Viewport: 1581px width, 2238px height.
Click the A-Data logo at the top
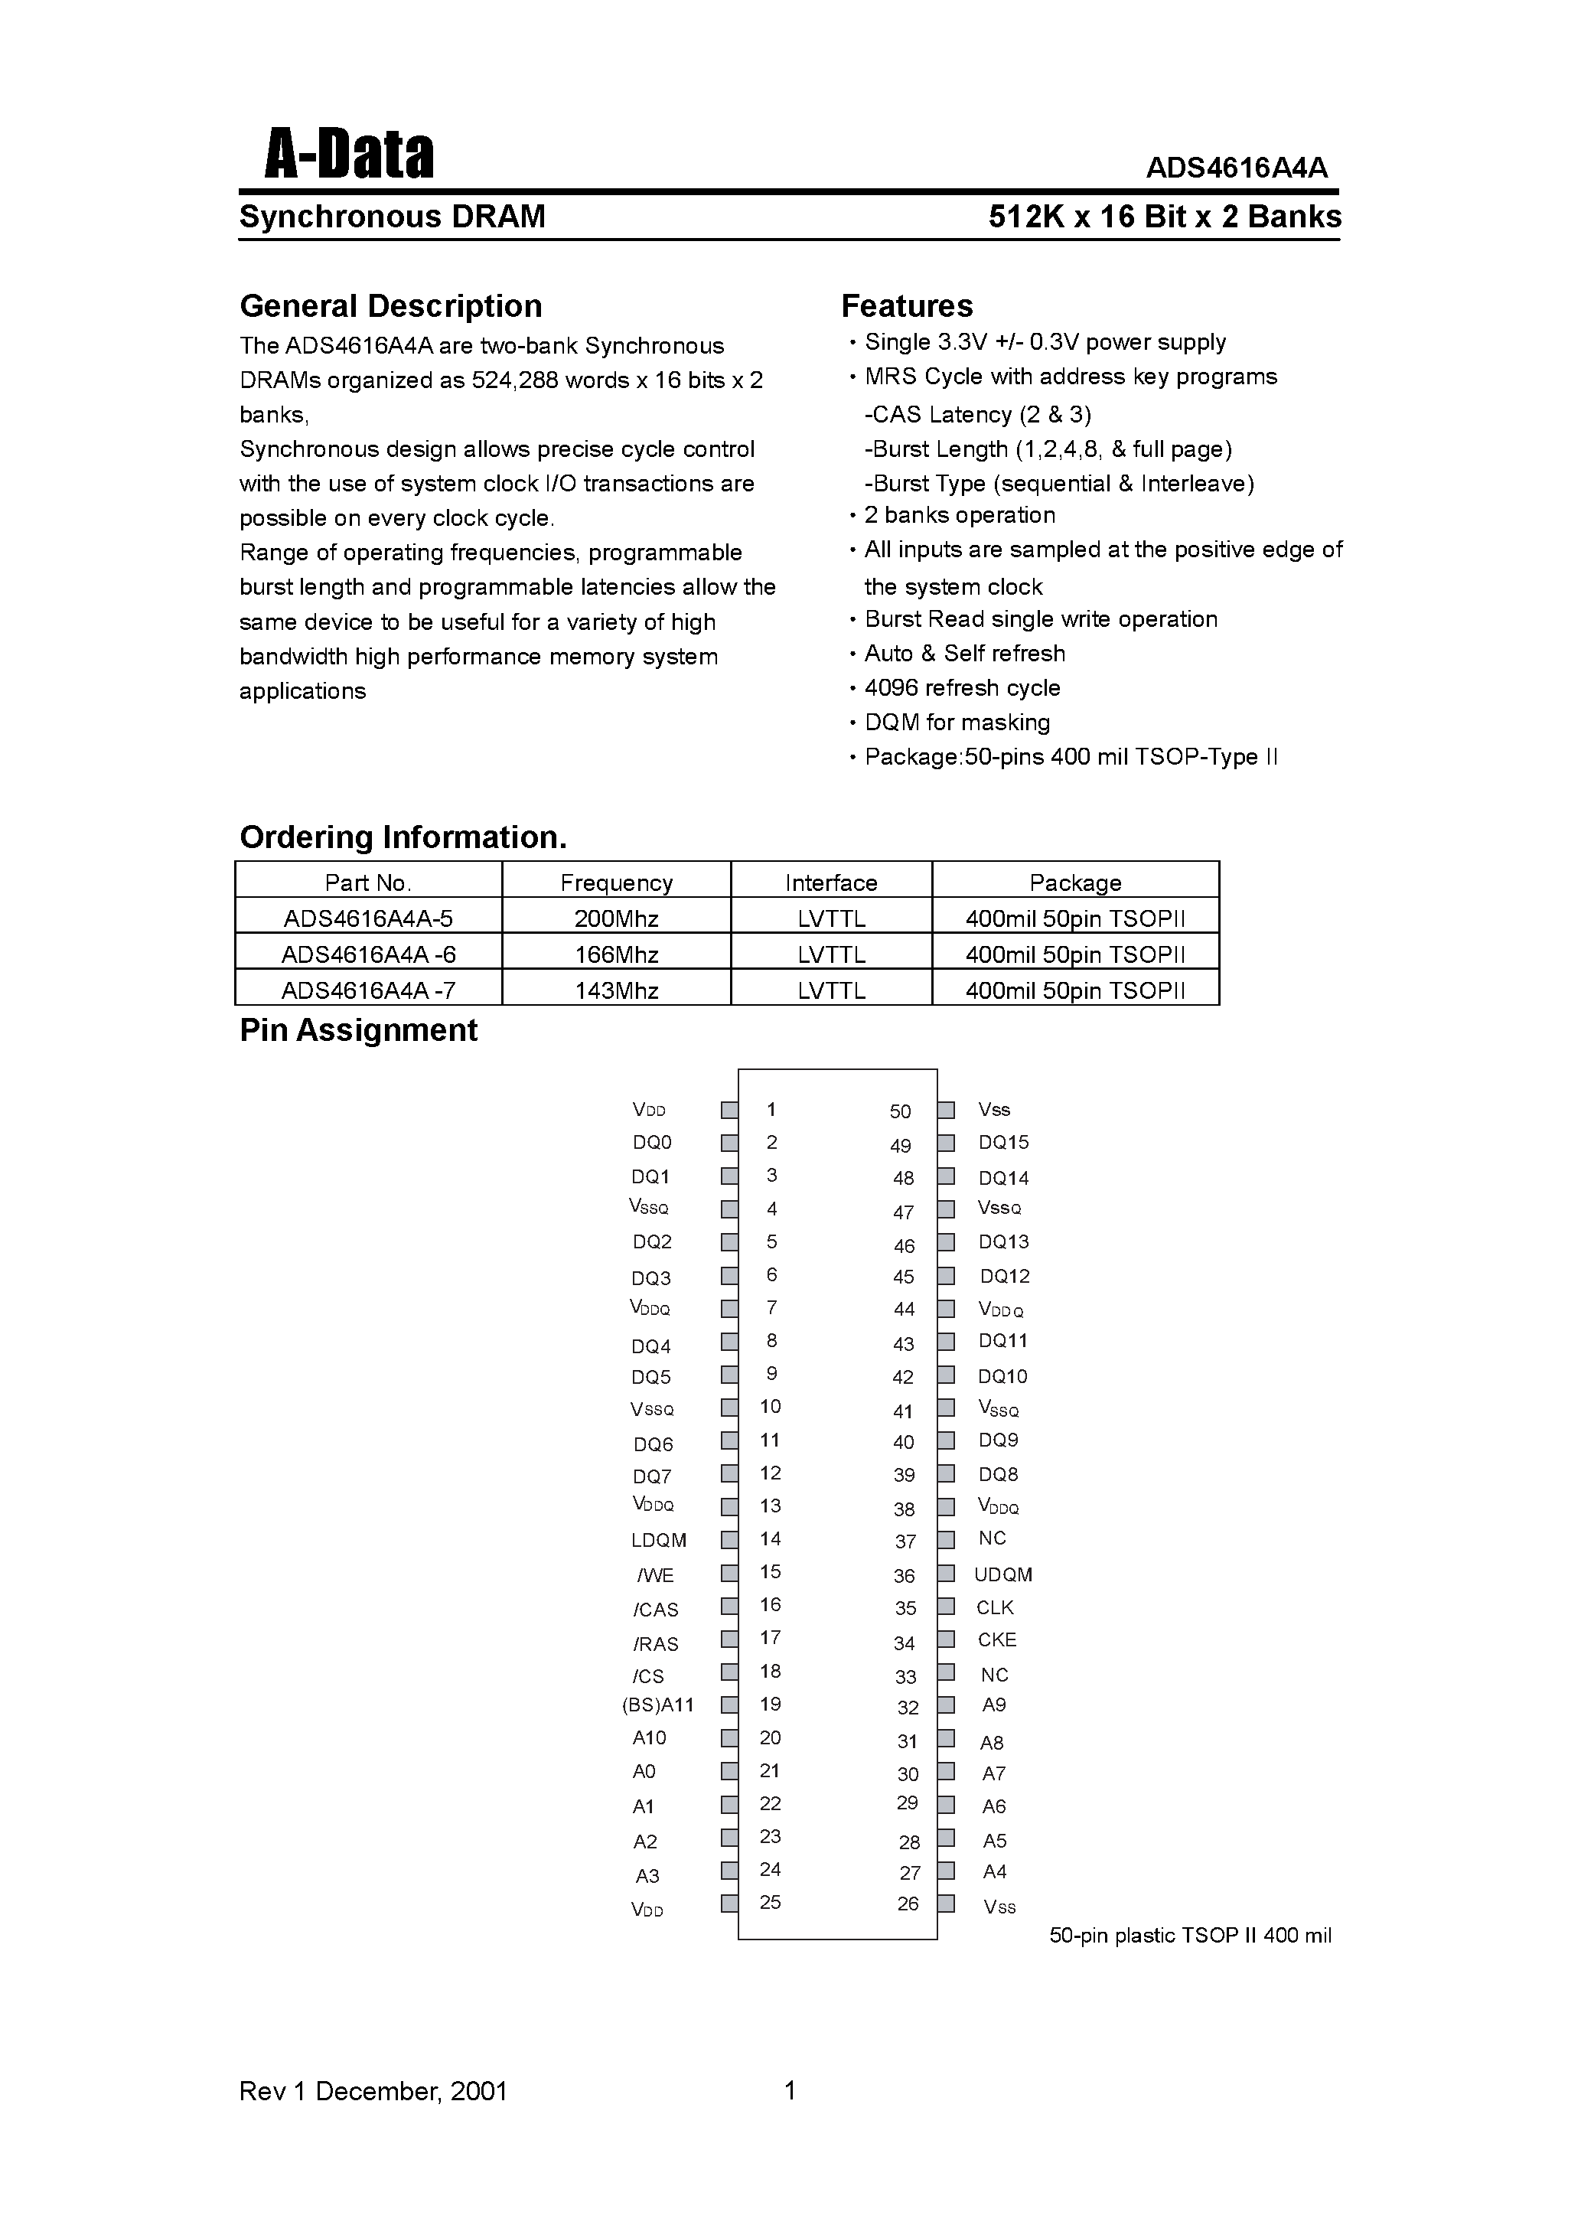point(349,156)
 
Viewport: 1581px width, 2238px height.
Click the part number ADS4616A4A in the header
point(1236,168)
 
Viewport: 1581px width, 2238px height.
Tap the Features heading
point(907,306)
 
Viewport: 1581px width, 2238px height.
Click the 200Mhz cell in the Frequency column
point(616,918)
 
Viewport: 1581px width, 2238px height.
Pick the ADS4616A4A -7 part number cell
point(368,990)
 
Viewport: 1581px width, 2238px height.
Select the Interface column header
point(830,882)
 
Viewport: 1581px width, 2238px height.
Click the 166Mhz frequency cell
point(616,954)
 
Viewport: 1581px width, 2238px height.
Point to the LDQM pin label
point(659,1540)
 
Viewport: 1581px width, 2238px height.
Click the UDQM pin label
point(1003,1574)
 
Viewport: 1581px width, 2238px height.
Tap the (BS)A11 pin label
point(658,1705)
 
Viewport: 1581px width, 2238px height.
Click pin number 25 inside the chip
point(770,1902)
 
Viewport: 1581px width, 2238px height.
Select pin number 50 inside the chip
point(900,1111)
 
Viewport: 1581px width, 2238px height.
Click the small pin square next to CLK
point(946,1607)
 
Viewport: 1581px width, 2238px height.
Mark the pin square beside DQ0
point(729,1143)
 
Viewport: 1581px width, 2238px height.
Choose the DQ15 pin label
point(1003,1143)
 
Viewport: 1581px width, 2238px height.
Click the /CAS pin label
point(656,1610)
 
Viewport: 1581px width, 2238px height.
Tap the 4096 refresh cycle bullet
point(961,688)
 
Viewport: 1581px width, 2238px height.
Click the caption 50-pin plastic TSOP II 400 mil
point(1189,1936)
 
